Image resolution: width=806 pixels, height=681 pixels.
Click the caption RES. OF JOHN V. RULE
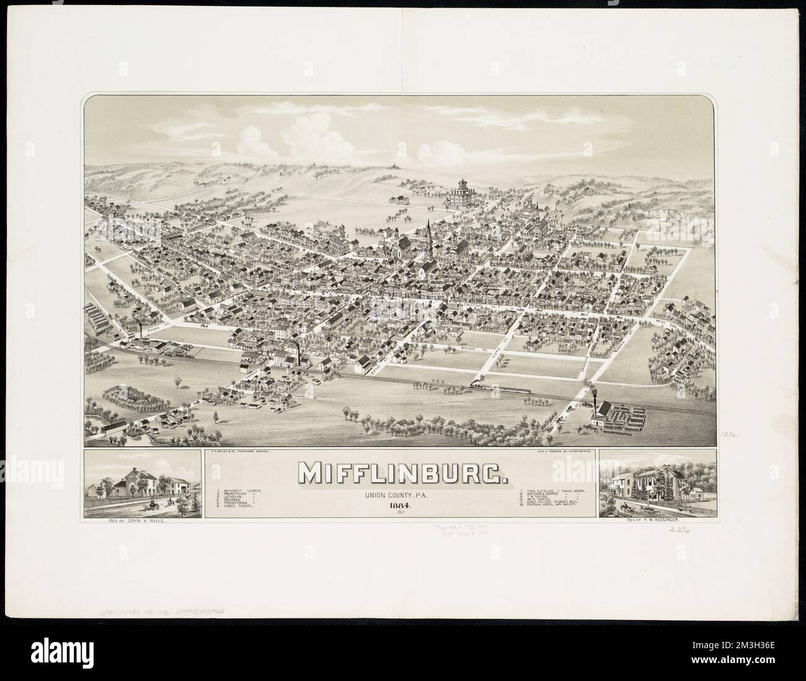tap(143, 521)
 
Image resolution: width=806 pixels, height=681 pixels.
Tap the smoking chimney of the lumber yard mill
tap(596, 406)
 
